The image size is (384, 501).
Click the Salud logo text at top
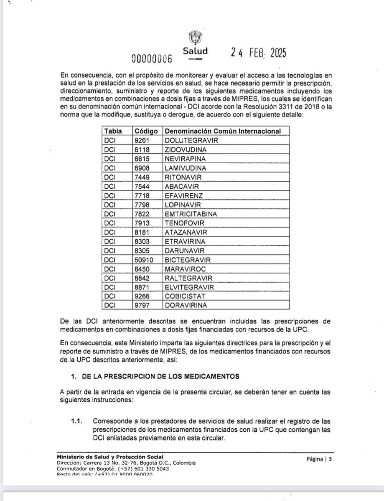click(x=196, y=51)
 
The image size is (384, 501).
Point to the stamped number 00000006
click(x=152, y=58)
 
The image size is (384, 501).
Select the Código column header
click(x=146, y=131)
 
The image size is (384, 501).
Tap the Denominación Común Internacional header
click(x=222, y=131)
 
